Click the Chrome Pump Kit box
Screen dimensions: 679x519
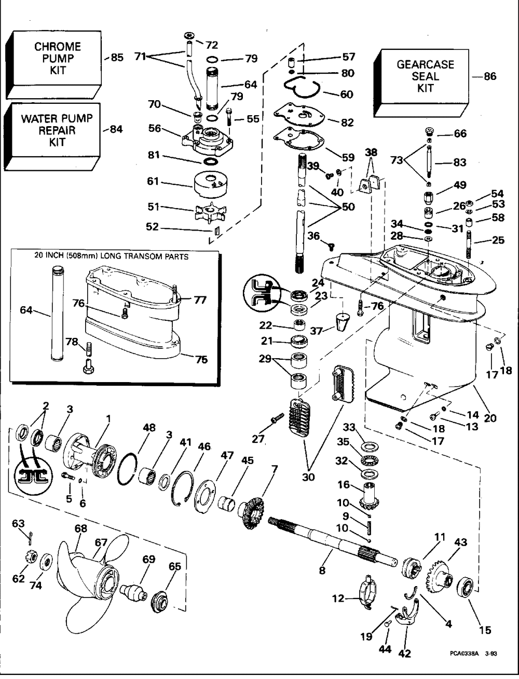(x=58, y=58)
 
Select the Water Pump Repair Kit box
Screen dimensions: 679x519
(x=57, y=130)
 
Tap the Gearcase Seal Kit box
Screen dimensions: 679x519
(x=425, y=76)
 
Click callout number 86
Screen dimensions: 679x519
(x=489, y=76)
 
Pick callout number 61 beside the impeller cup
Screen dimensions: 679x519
(x=153, y=182)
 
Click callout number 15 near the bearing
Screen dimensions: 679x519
(x=485, y=630)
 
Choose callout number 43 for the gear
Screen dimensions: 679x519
(x=460, y=542)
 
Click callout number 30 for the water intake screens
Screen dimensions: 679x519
(x=308, y=477)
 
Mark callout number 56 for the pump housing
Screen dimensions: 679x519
(x=155, y=129)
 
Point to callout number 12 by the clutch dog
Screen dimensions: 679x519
(x=338, y=599)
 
